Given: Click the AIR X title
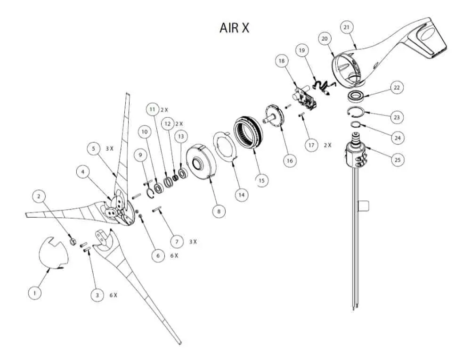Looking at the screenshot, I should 234,28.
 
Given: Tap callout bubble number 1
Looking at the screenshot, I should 34,293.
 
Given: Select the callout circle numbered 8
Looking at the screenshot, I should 219,212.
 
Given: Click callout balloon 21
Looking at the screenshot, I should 347,27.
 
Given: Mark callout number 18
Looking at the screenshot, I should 282,61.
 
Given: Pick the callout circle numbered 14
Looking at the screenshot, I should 242,194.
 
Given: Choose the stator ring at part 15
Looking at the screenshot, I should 248,135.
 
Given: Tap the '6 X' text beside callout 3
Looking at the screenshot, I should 113,295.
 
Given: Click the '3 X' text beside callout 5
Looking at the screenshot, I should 109,148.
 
